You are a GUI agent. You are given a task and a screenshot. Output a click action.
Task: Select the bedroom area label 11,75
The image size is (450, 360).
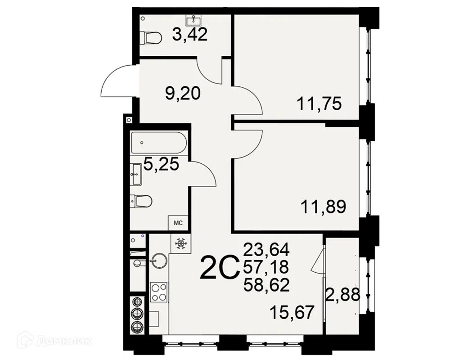point(319,104)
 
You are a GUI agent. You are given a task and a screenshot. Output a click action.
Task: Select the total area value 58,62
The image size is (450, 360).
point(265,285)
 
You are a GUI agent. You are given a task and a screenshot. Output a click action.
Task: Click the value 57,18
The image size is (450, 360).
point(265,267)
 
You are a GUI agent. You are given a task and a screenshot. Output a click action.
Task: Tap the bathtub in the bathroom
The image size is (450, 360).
point(157,142)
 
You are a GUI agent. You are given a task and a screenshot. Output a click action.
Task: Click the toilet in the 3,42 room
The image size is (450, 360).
point(151,38)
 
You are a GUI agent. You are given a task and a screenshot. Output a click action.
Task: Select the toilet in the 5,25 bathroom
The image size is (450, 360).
point(142,200)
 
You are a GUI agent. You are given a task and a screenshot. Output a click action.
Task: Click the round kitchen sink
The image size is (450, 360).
point(158,260)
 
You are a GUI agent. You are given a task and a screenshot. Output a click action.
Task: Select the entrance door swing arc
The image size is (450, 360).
point(115,81)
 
